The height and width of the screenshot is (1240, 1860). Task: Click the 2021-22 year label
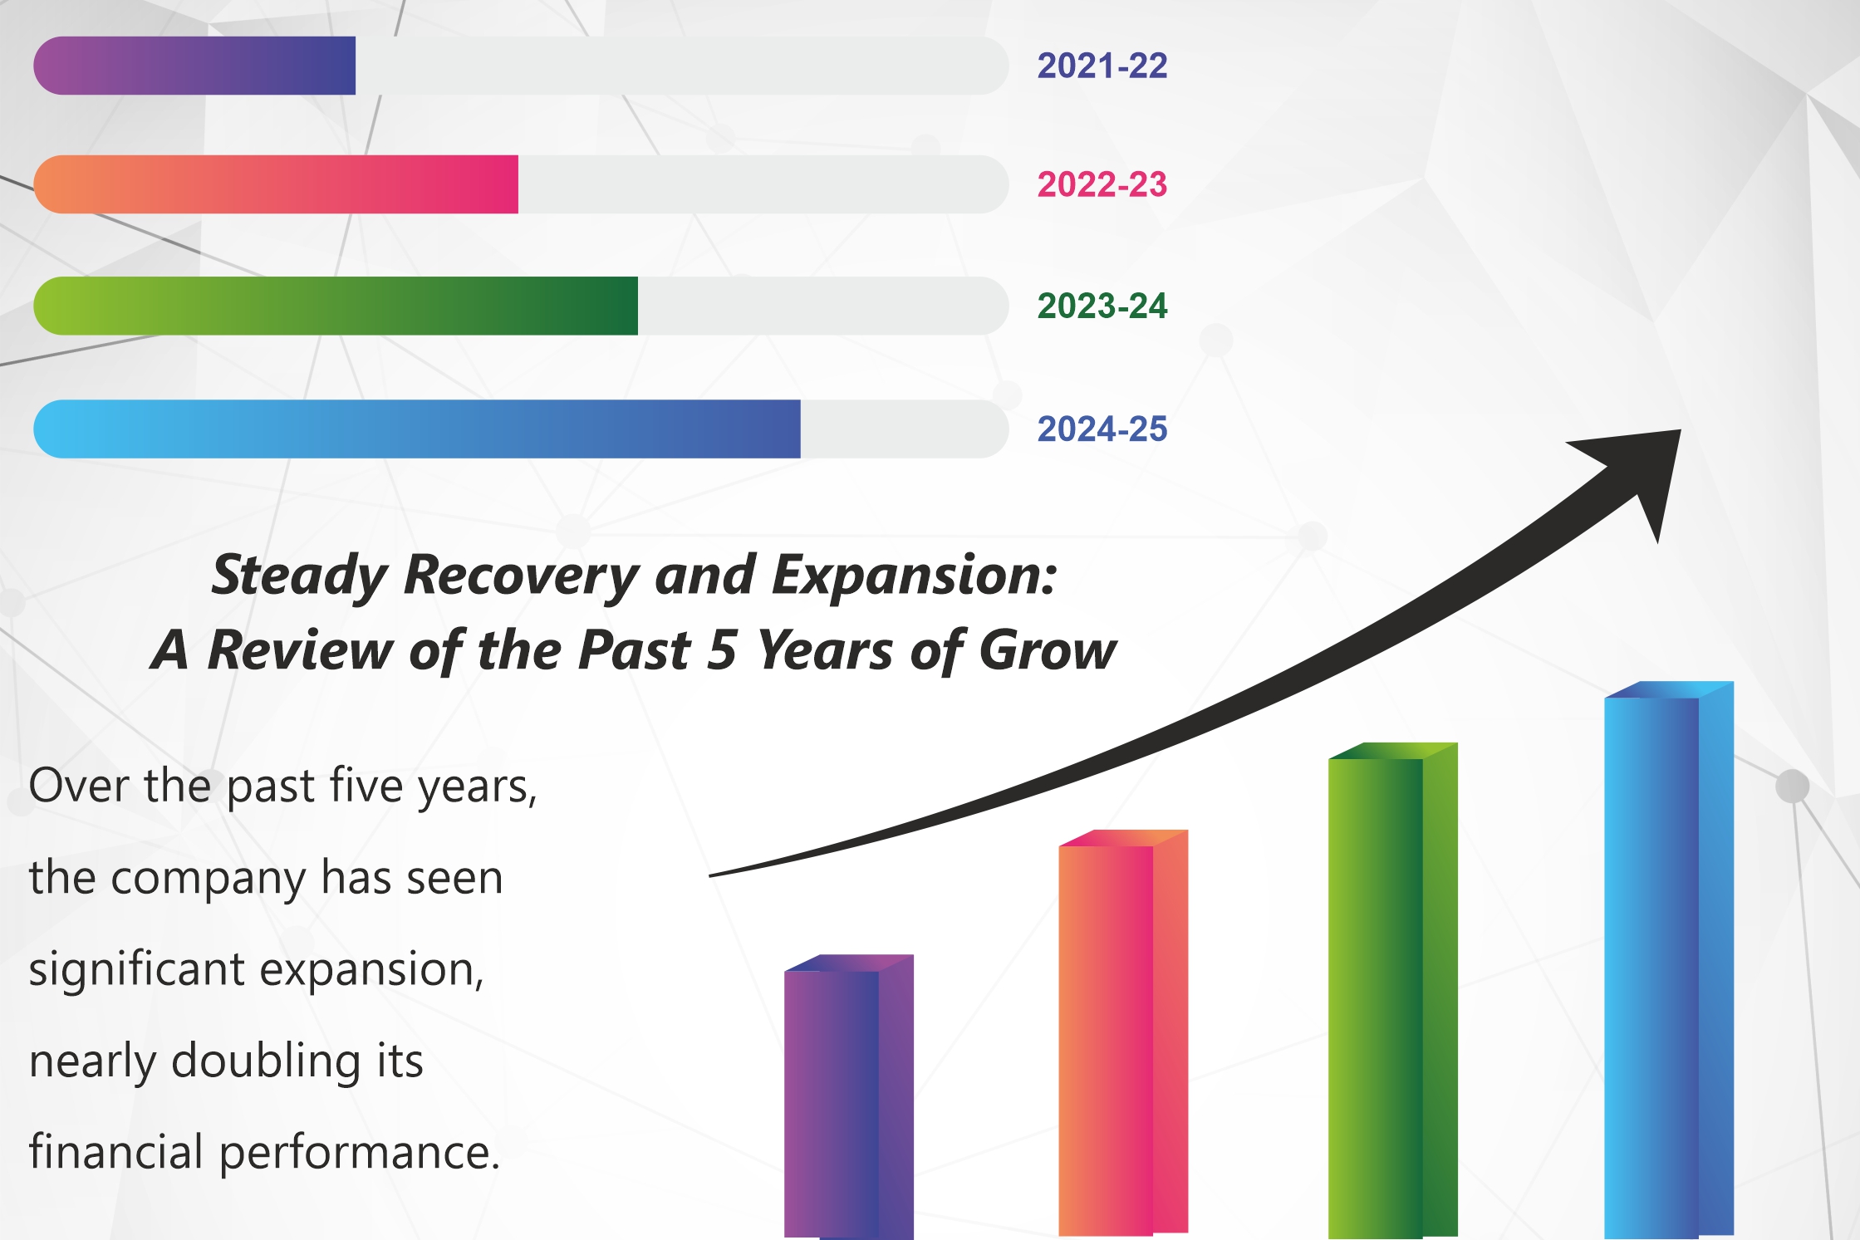(x=1102, y=66)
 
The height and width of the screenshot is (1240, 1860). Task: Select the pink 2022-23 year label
(x=1102, y=184)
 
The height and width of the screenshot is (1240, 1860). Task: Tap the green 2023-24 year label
(x=1102, y=306)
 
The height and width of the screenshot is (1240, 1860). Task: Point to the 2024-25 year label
(x=1102, y=429)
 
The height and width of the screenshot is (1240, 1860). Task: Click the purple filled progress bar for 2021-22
(x=194, y=66)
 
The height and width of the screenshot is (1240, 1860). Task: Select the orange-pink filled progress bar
(x=276, y=184)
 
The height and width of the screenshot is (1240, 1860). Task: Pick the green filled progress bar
(x=336, y=306)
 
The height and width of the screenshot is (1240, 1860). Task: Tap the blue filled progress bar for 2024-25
(x=417, y=429)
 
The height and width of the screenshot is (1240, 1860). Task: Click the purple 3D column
(x=849, y=1096)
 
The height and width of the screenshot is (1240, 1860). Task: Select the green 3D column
(x=1393, y=990)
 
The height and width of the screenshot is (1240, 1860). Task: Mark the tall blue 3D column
(x=1669, y=959)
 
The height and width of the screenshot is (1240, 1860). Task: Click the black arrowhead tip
(x=1681, y=430)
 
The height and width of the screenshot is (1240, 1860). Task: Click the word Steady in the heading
(x=302, y=575)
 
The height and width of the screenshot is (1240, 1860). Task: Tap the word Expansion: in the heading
(x=915, y=575)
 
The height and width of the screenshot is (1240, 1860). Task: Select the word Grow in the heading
(x=1048, y=649)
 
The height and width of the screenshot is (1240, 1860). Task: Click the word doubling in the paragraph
(x=266, y=1061)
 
